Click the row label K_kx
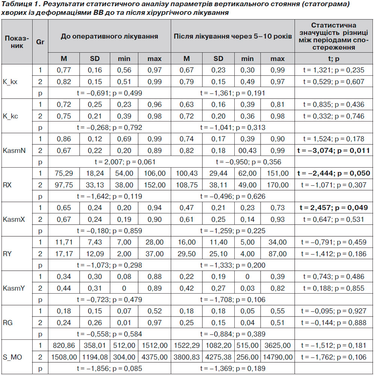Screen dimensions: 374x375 (x=10, y=82)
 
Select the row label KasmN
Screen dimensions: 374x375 (x=14, y=151)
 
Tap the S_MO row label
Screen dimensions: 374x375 (x=12, y=357)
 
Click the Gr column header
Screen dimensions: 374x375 (x=40, y=42)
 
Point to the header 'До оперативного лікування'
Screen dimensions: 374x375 (x=109, y=36)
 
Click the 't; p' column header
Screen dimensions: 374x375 (x=333, y=59)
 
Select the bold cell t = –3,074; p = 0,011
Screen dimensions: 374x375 (x=333, y=151)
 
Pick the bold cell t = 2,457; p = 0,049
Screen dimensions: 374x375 (x=333, y=208)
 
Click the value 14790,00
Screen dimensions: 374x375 (x=278, y=357)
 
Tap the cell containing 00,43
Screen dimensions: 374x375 (x=247, y=151)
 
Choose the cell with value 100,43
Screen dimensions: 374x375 (x=187, y=173)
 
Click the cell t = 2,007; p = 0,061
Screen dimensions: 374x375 (x=125, y=162)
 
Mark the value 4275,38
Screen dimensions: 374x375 (x=219, y=357)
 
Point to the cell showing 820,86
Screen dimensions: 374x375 (x=64, y=346)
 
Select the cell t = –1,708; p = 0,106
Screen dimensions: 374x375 (x=233, y=300)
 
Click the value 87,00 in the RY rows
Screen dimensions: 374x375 (x=277, y=254)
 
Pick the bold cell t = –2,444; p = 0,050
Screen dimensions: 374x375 (x=334, y=173)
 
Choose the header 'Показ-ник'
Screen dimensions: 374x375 (x=17, y=42)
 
